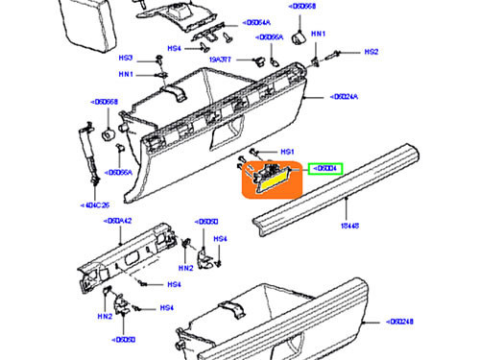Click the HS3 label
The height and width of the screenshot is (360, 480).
[126, 58]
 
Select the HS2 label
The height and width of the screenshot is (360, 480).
[371, 51]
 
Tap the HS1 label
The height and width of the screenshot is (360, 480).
[286, 152]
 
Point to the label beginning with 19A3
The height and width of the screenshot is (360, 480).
[223, 60]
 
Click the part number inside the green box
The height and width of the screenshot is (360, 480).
[325, 169]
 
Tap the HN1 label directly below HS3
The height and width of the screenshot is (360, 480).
[126, 75]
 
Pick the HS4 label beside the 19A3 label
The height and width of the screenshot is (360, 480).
[174, 48]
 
